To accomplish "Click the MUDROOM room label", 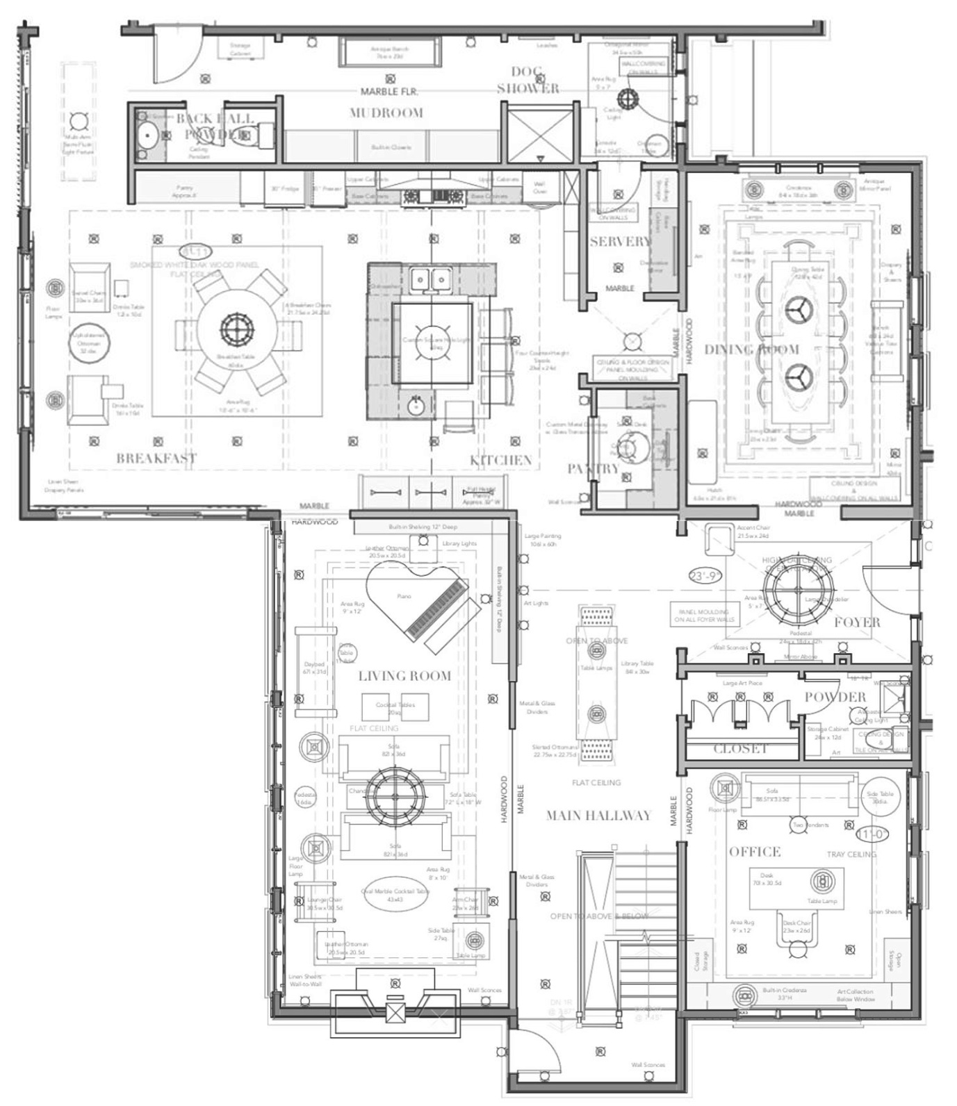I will point(386,113).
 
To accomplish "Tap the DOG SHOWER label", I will point(527,80).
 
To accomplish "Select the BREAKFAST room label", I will point(156,459).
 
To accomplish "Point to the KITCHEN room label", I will point(500,461).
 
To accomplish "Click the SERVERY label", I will point(620,242).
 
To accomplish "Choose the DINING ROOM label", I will point(751,349).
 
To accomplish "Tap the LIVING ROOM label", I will point(404,676).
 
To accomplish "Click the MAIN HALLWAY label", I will point(598,816).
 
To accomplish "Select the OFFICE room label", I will point(754,852).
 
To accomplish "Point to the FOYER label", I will point(857,622).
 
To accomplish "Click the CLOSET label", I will point(740,749).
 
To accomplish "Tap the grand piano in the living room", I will point(417,601).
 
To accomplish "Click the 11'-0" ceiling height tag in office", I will point(872,834).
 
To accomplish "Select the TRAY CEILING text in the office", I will point(851,855).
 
